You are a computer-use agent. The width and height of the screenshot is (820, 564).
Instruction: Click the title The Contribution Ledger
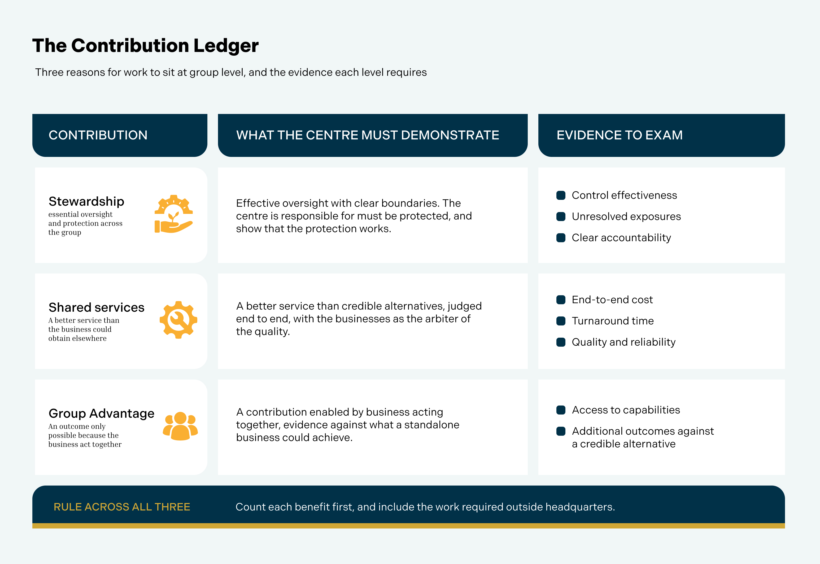tap(145, 46)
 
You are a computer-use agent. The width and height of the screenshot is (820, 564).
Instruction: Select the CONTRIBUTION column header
tap(98, 135)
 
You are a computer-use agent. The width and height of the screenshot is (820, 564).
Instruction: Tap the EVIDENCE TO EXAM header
tap(620, 135)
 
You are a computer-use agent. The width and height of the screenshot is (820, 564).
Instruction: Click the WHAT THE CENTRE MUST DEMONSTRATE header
tap(368, 135)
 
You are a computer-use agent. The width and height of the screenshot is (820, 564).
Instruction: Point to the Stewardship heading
tap(86, 201)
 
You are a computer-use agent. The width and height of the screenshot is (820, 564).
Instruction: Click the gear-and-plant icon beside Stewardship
tap(174, 214)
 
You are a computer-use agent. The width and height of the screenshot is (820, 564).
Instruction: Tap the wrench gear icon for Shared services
tap(178, 320)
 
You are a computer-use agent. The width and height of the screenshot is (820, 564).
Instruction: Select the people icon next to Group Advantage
tap(180, 426)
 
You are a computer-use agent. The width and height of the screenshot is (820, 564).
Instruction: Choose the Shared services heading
tap(97, 307)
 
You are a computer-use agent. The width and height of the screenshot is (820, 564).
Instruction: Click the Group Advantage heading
tap(102, 413)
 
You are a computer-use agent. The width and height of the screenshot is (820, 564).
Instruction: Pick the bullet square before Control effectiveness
tap(561, 195)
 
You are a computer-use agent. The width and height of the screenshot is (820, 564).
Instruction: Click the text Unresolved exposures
tap(626, 216)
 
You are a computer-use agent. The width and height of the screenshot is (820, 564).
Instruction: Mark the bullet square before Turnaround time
tap(561, 321)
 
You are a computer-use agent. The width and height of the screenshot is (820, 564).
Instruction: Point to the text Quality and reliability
tap(624, 342)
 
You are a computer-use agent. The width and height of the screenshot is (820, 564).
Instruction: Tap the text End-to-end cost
tap(612, 300)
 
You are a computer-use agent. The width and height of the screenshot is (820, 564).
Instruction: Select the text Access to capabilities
tap(626, 410)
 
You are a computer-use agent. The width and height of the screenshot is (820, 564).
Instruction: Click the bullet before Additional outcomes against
tap(561, 431)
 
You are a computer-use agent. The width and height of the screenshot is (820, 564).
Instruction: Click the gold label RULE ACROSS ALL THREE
tap(122, 507)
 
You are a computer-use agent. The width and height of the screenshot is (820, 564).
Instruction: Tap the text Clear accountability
tap(621, 237)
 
